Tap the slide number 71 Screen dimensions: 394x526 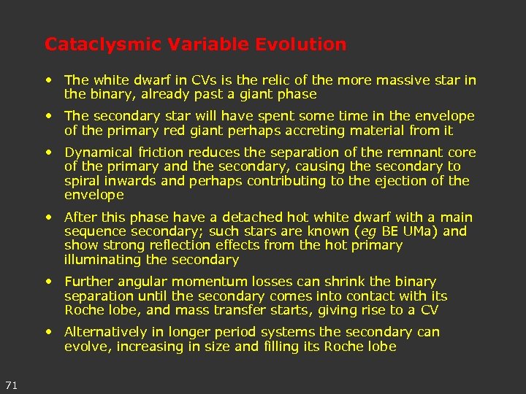coord(11,385)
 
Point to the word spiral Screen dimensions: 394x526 coord(83,181)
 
